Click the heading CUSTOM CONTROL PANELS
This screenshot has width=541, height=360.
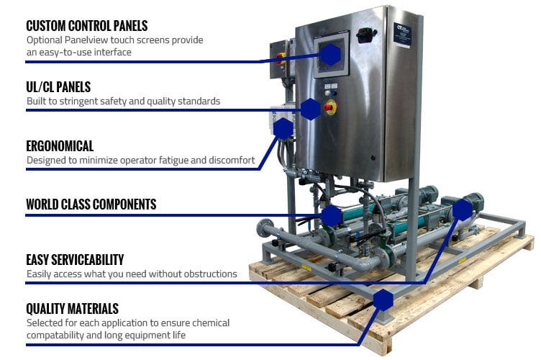[87, 26]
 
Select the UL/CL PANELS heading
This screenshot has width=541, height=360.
[58, 87]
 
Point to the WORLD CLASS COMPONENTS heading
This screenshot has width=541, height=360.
[91, 204]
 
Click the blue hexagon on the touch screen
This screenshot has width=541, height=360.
[329, 54]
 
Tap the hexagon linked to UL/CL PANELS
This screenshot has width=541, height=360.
[310, 109]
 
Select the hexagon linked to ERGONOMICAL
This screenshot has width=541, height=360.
[284, 129]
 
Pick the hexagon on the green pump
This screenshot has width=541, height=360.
[331, 215]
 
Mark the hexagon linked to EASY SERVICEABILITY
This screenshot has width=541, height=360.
[463, 210]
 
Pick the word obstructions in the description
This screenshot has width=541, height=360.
[210, 274]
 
